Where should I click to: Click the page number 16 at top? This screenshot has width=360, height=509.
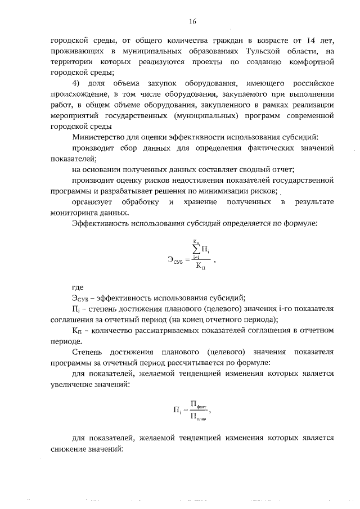[192, 21]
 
